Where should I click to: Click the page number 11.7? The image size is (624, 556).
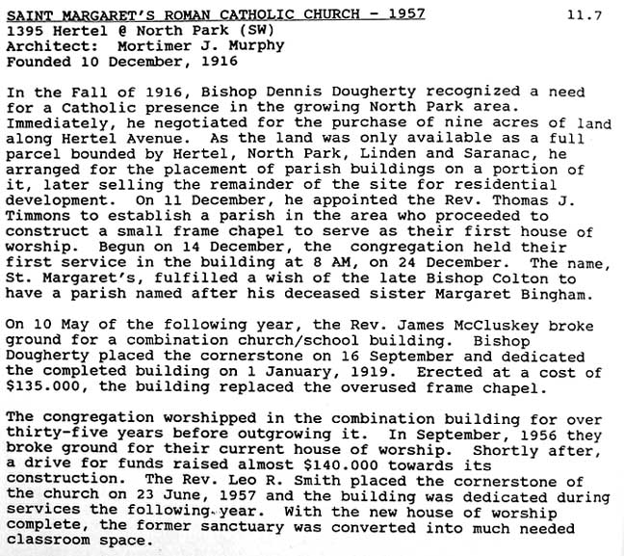coord(584,15)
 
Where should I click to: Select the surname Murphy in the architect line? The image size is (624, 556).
coord(255,45)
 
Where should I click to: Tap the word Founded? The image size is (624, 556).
coord(36,61)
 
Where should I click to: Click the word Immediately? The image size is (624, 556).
coord(54,123)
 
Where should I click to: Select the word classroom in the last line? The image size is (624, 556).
coord(43,543)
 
